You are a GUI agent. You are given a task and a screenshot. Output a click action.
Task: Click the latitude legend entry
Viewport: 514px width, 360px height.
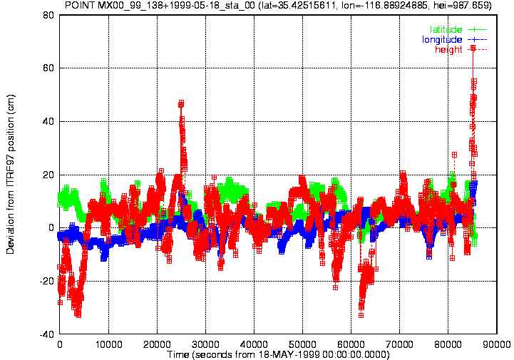(x=458, y=29)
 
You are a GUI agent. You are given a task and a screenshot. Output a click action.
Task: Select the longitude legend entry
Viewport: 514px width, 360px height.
(x=454, y=40)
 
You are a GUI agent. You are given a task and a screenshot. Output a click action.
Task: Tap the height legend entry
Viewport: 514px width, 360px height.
(x=461, y=49)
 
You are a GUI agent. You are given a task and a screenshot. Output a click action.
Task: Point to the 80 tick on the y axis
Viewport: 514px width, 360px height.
(x=48, y=15)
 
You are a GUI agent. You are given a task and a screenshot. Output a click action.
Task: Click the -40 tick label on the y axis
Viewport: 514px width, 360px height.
(x=47, y=335)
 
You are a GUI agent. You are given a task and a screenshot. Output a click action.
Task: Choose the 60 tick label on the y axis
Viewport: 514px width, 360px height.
(x=48, y=68)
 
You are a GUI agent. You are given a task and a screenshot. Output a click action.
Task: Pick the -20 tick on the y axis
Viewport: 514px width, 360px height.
(x=47, y=282)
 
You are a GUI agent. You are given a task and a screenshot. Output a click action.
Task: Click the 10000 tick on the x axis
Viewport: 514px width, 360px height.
(x=108, y=344)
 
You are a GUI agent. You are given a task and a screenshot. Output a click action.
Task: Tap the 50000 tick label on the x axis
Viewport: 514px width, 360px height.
(x=302, y=344)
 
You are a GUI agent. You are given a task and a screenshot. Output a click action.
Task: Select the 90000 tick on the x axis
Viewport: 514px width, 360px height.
(x=497, y=344)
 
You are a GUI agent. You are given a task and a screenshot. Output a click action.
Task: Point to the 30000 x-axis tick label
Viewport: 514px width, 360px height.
(x=205, y=344)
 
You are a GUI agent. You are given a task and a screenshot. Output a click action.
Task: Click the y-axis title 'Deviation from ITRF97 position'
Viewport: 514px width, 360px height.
(x=11, y=175)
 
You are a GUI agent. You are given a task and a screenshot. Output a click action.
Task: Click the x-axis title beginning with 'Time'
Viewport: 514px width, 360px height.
(x=278, y=354)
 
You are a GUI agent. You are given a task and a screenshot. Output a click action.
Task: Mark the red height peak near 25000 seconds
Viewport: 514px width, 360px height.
(x=181, y=103)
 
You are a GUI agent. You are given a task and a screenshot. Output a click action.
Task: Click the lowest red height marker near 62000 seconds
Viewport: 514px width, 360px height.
(x=361, y=315)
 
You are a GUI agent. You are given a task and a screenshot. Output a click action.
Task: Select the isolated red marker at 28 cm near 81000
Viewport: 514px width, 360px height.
(x=454, y=155)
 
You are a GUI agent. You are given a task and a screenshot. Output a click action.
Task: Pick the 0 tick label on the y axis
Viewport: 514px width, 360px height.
(x=51, y=228)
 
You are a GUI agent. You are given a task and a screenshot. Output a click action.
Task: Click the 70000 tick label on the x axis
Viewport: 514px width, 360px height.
(x=400, y=344)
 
